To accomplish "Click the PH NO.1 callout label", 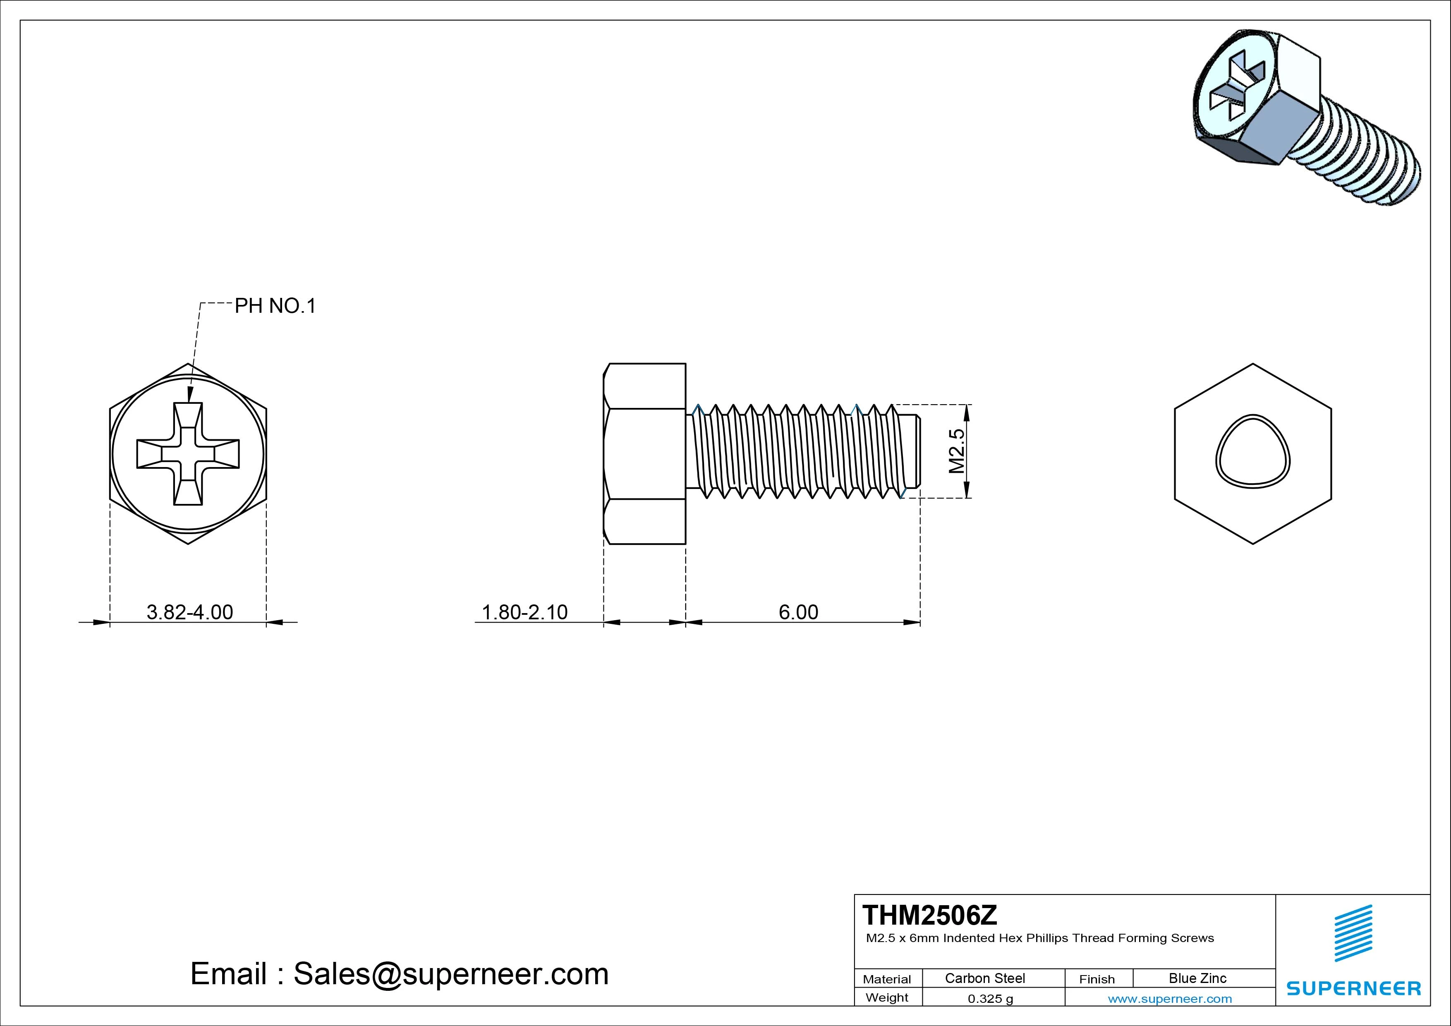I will click(x=275, y=306).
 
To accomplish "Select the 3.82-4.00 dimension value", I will click(x=189, y=612).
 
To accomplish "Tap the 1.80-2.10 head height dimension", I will click(x=524, y=612).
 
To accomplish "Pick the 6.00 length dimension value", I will click(x=798, y=612).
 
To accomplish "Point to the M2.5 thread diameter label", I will click(x=957, y=451).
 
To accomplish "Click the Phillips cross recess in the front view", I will click(x=188, y=454).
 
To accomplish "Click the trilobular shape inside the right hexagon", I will click(x=1252, y=451).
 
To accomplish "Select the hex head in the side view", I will click(x=644, y=453).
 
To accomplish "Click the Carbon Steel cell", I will click(x=984, y=978).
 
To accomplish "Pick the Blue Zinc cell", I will click(x=1197, y=978).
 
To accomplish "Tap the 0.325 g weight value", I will click(x=990, y=999).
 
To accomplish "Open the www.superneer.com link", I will click(x=1170, y=999).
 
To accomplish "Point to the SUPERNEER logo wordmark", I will click(x=1353, y=988).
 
